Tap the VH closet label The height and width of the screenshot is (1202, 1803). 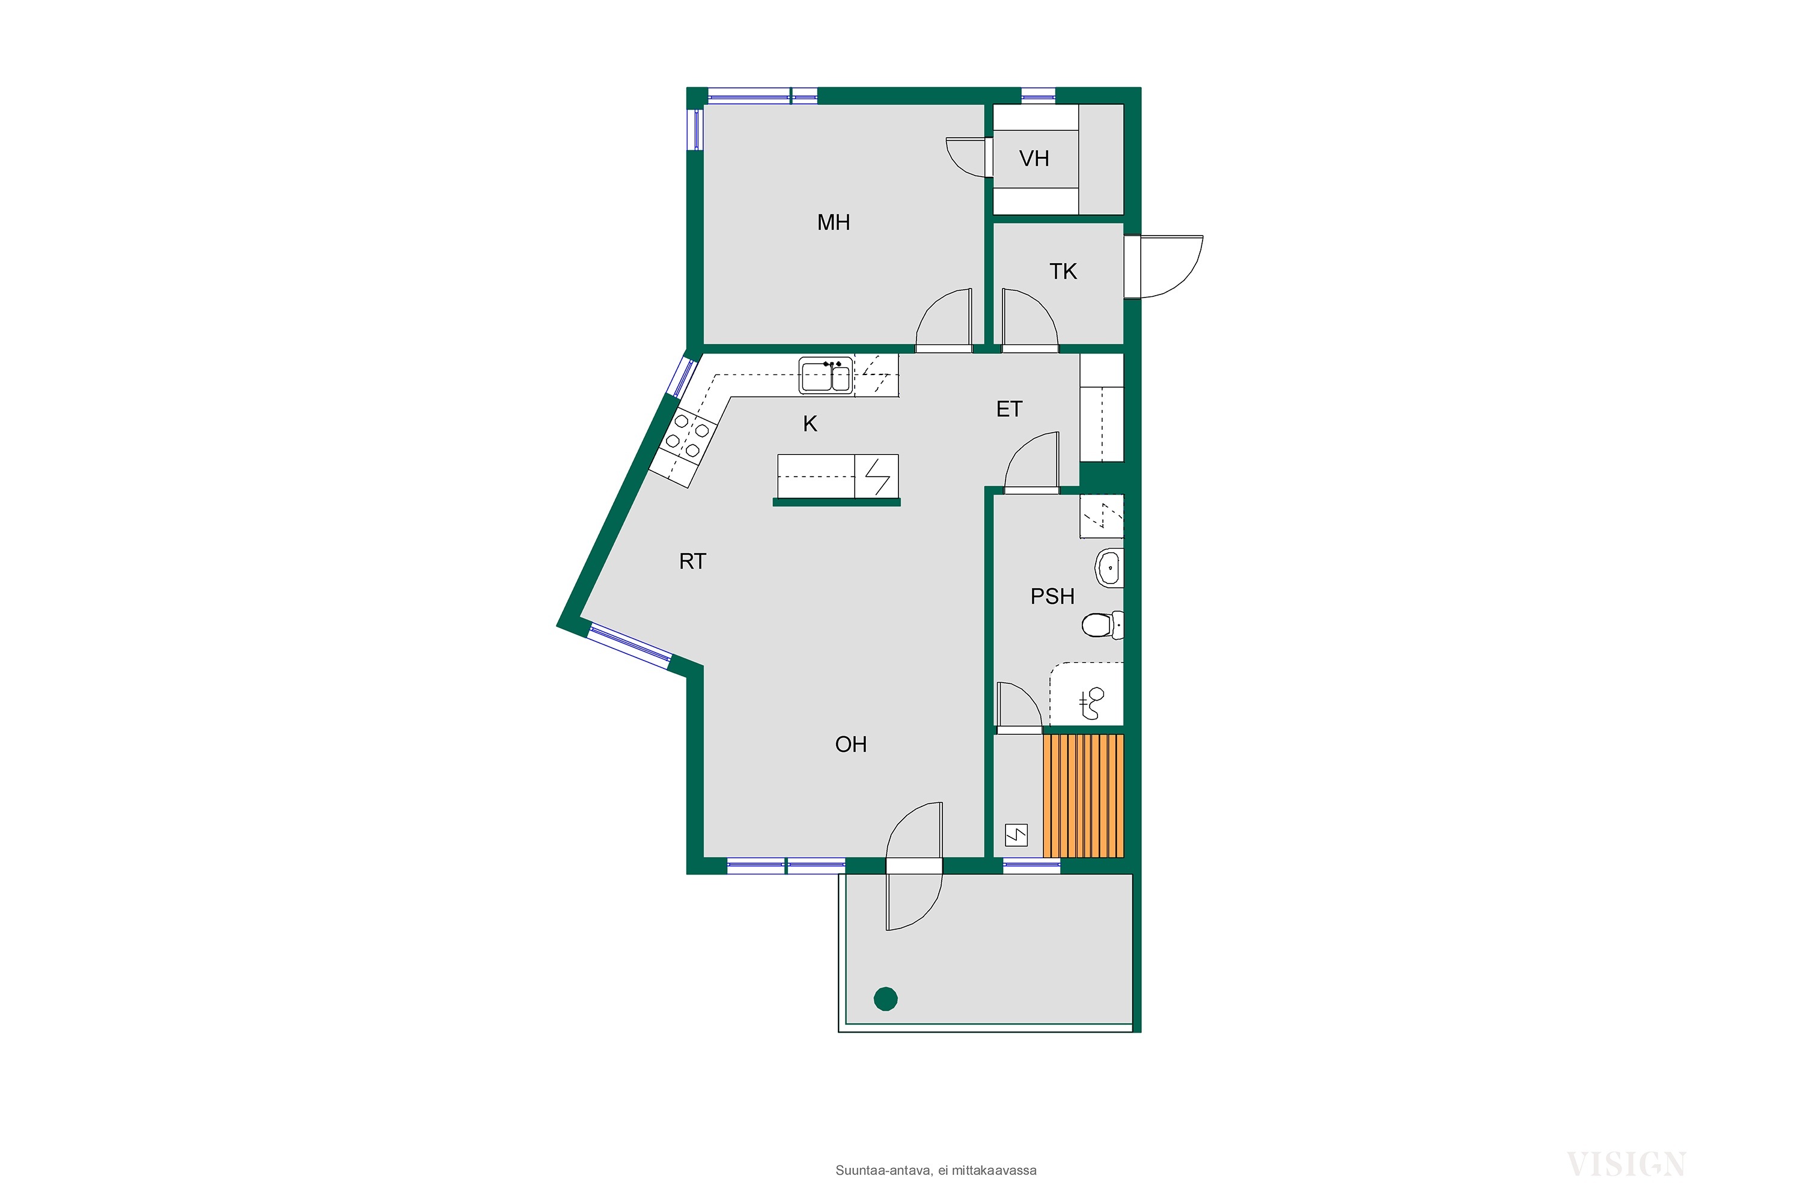pyautogui.click(x=1034, y=159)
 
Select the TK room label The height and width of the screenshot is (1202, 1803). pyautogui.click(x=1063, y=272)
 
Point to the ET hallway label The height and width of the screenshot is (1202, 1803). pyautogui.click(x=1010, y=409)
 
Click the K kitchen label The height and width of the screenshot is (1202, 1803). pyautogui.click(x=810, y=424)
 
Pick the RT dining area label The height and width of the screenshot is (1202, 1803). pyautogui.click(x=692, y=562)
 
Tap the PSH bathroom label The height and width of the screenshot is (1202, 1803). pyautogui.click(x=1052, y=596)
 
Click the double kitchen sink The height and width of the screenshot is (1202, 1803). pyautogui.click(x=826, y=376)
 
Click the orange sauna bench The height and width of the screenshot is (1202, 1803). pyautogui.click(x=1083, y=796)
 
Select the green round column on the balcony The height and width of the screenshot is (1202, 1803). pyautogui.click(x=885, y=999)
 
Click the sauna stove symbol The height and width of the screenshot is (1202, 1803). pyautogui.click(x=1016, y=835)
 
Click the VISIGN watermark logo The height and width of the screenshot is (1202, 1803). pyautogui.click(x=1625, y=1165)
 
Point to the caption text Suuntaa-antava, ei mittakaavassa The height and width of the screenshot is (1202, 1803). pyautogui.click(x=936, y=1171)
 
